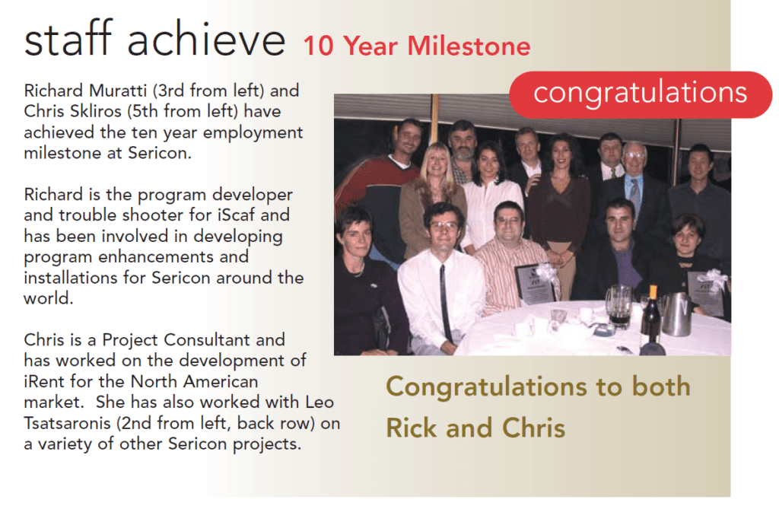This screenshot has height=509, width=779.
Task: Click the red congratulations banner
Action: point(641,94)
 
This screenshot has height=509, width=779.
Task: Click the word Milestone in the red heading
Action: point(469,46)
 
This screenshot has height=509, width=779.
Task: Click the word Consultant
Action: point(207,340)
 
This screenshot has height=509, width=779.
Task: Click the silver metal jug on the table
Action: point(676,314)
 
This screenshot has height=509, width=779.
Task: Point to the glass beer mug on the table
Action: point(618,306)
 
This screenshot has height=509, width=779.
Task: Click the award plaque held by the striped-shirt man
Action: point(535,283)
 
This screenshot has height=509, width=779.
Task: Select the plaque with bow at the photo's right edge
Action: point(706,292)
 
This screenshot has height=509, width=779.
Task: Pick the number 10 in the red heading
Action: point(318,46)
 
